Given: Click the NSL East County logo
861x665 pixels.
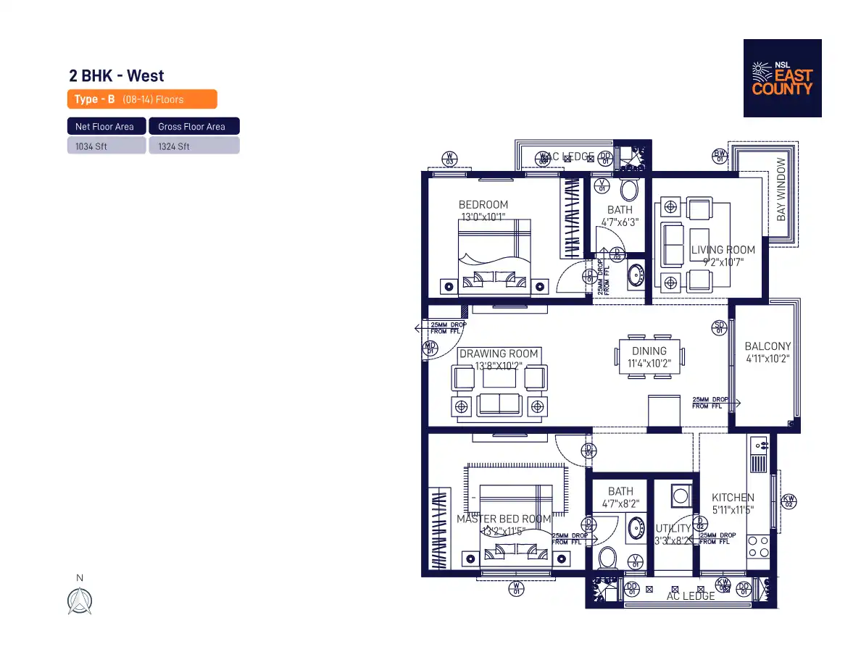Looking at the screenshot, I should [x=782, y=78].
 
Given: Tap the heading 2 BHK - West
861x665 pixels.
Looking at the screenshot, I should [x=116, y=76].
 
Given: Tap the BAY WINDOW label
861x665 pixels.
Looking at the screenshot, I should [x=781, y=190].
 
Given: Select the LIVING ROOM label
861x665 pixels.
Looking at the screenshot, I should [x=723, y=250].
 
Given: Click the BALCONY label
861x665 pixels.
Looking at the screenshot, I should [x=768, y=347].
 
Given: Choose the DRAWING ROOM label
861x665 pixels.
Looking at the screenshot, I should [x=499, y=354].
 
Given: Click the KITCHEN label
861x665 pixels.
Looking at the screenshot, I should [x=733, y=498].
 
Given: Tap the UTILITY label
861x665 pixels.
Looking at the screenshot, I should [x=673, y=529].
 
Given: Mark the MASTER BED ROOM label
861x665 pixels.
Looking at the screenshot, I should [x=504, y=519].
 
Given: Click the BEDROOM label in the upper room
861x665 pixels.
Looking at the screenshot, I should [x=483, y=205].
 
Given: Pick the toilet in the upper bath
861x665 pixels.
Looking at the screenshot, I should [x=629, y=191].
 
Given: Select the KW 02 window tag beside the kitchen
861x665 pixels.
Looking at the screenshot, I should [x=789, y=500].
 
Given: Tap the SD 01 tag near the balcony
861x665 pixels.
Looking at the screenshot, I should [x=719, y=327].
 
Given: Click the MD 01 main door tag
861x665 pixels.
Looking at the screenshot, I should [x=430, y=349].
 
